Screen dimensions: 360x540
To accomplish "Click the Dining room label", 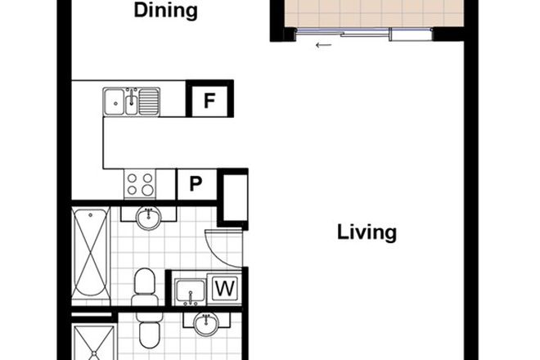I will [165, 11].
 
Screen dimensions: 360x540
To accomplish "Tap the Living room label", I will [367, 232].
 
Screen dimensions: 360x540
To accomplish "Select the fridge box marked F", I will [209, 101].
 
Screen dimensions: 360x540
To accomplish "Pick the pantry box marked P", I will [196, 183].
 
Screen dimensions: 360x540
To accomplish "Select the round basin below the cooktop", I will [148, 218].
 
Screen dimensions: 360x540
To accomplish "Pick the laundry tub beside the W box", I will [189, 290].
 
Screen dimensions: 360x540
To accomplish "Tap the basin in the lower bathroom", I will [205, 324].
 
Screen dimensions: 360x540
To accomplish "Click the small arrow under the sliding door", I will [323, 46].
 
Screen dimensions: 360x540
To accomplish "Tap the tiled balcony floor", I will [367, 13].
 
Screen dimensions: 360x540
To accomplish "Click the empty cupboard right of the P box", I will [233, 198].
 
